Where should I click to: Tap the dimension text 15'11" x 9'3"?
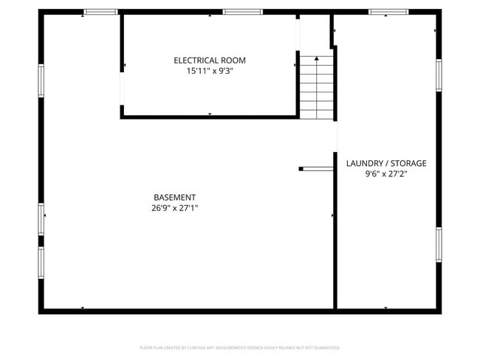(210, 71)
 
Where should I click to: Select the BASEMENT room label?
(174, 197)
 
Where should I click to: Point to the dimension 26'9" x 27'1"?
(174, 208)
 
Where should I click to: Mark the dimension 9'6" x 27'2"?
(386, 174)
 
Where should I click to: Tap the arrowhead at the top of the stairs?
(317, 58)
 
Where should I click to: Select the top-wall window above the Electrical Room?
(242, 12)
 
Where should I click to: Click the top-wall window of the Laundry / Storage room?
(388, 12)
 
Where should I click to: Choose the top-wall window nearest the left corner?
(100, 12)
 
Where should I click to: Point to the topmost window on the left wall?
(41, 80)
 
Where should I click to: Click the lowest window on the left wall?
(41, 262)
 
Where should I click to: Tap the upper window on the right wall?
(439, 75)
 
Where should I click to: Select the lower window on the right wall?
(439, 244)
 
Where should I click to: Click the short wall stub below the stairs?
(316, 169)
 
